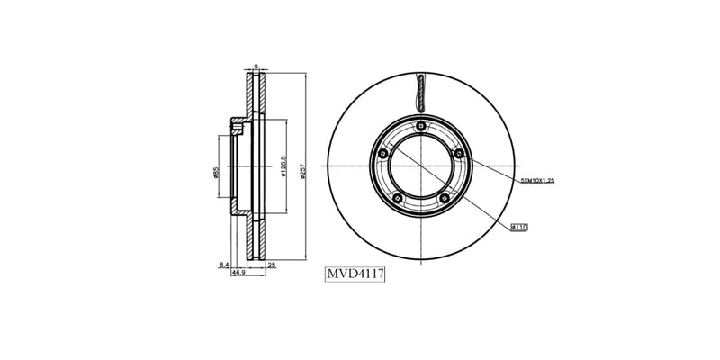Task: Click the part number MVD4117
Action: pos(355,274)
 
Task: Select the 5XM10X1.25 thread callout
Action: pos(537,181)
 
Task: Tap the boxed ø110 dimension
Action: pos(518,228)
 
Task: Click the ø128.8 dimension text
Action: pos(283,167)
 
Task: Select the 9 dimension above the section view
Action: pos(256,66)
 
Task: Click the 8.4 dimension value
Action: pos(224,264)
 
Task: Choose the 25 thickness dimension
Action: pos(271,264)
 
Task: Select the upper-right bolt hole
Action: pos(460,154)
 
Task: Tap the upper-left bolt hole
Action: pos(382,154)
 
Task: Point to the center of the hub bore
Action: pos(421,166)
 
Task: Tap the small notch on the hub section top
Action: pos(238,128)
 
